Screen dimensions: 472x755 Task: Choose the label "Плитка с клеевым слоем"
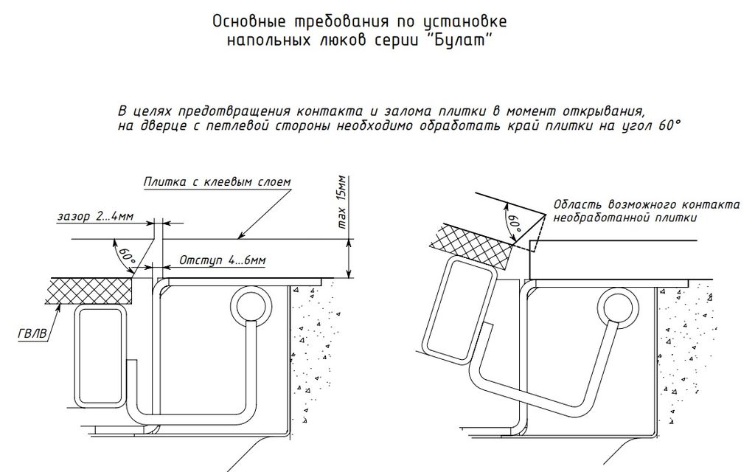pyautogui.click(x=218, y=181)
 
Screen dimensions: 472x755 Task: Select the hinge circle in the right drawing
pyautogui.click(x=616, y=306)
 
